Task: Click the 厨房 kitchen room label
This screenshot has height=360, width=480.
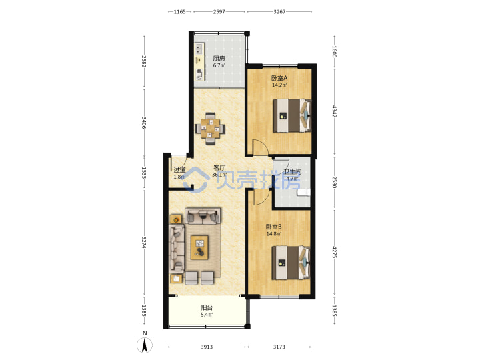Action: (x=219, y=58)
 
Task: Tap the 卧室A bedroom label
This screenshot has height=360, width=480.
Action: (x=279, y=78)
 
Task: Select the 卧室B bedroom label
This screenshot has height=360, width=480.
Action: (x=274, y=227)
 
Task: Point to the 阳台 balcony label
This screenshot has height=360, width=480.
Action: (x=207, y=307)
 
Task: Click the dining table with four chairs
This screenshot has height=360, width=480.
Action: (x=210, y=129)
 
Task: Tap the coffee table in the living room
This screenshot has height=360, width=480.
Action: (x=199, y=247)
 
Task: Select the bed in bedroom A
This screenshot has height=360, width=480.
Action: (x=292, y=116)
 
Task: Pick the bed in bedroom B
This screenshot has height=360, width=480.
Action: (x=291, y=263)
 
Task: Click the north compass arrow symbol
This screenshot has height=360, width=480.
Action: (x=145, y=345)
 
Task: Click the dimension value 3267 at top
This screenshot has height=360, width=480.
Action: (x=279, y=12)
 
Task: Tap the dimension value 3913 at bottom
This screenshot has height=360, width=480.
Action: (x=207, y=347)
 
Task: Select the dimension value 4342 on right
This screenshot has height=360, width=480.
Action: (x=334, y=111)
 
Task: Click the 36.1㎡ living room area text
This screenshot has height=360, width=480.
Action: (x=219, y=175)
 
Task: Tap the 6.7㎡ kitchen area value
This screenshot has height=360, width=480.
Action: (x=219, y=65)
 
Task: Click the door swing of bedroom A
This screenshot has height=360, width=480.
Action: (x=260, y=147)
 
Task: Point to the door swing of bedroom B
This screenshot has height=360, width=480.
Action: (x=262, y=197)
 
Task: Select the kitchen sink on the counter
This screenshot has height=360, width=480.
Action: (x=199, y=48)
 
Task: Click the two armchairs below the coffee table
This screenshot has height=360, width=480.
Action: (x=199, y=277)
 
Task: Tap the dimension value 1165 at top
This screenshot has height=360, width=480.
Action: (x=180, y=12)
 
